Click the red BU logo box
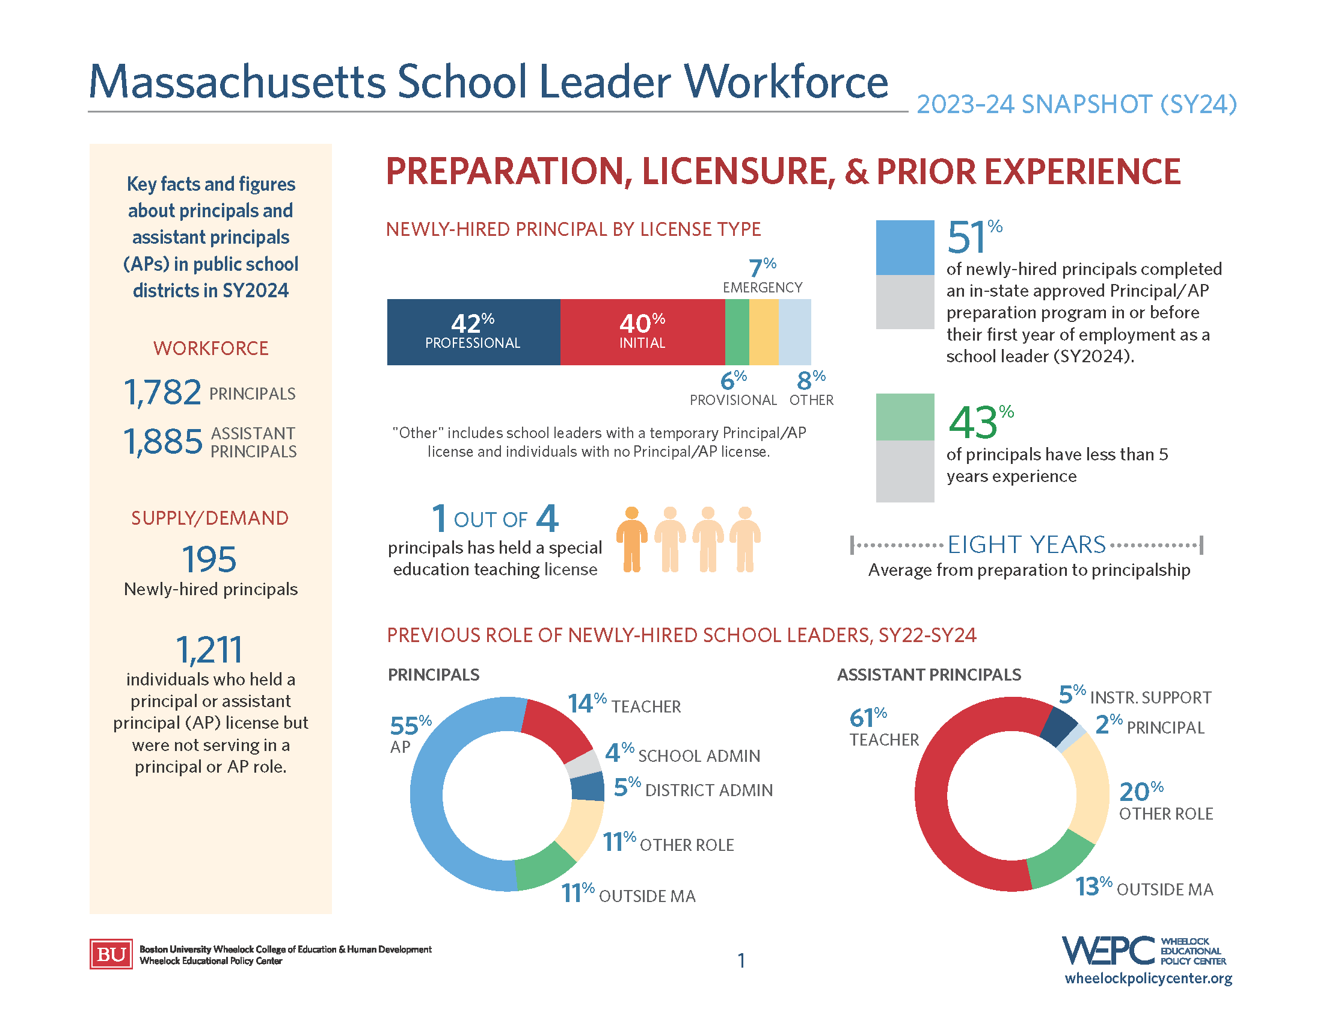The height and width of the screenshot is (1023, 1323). [x=111, y=954]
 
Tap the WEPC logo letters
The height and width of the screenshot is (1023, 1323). [x=1108, y=951]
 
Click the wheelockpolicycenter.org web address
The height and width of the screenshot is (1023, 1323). [x=1148, y=978]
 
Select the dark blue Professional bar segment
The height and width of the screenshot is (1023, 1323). [x=473, y=332]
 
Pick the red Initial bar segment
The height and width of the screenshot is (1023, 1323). [x=642, y=332]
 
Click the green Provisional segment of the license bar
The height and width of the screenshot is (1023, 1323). [x=737, y=332]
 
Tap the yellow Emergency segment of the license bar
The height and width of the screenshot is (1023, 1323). [x=763, y=332]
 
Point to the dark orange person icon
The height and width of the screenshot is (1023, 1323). [x=632, y=539]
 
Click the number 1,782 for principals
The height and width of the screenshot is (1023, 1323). [x=162, y=392]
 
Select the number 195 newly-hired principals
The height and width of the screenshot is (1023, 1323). [x=209, y=559]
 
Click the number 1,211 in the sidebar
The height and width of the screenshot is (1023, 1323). [x=209, y=650]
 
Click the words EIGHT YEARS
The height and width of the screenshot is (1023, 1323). [x=1026, y=545]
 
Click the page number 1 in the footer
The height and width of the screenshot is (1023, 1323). [x=741, y=960]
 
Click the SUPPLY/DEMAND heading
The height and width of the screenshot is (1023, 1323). [x=210, y=518]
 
